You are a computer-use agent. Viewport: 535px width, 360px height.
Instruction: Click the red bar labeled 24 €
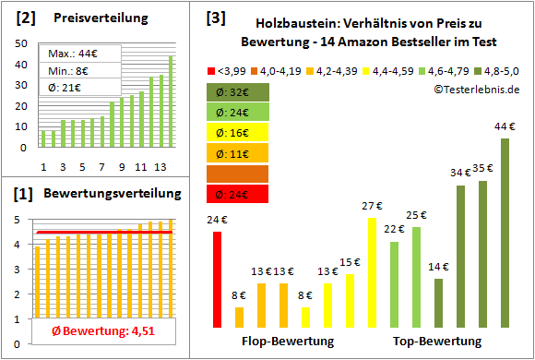click(x=217, y=279)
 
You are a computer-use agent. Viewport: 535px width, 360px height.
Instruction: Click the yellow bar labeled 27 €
click(x=372, y=272)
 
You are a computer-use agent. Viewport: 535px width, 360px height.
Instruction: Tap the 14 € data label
click(x=438, y=268)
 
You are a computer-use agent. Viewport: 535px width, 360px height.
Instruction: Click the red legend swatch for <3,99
click(x=212, y=70)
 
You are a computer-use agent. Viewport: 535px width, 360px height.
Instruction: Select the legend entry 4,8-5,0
click(x=497, y=70)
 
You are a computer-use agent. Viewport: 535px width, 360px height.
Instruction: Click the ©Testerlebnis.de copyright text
click(x=473, y=89)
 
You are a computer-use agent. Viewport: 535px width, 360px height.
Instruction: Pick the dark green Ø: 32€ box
click(x=238, y=92)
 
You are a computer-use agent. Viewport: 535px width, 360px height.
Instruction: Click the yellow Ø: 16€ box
click(x=238, y=133)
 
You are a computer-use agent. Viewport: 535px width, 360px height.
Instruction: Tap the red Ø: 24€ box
click(x=238, y=194)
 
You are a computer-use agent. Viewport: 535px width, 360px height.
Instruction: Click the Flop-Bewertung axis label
click(x=287, y=342)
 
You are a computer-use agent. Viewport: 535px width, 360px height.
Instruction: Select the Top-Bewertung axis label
click(x=437, y=342)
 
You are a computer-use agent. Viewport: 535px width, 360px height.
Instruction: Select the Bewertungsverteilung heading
click(x=105, y=196)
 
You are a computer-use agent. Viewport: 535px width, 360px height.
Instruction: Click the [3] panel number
click(x=215, y=17)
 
